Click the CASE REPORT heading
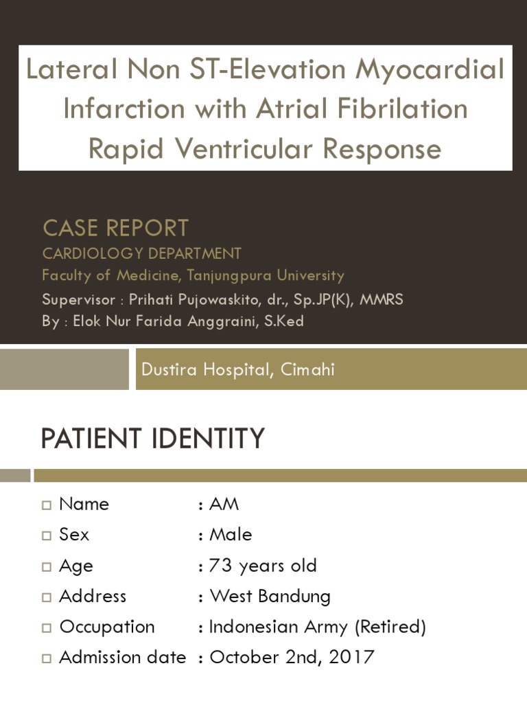[115, 228]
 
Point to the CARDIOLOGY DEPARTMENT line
[142, 253]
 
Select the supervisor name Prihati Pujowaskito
[201, 299]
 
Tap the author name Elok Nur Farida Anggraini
[163, 321]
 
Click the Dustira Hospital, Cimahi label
[238, 369]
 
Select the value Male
[231, 534]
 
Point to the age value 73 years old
[263, 566]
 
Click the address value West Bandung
[270, 596]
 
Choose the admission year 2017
[351, 657]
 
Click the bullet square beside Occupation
[47, 627]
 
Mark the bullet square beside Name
[47, 505]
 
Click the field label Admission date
[122, 657]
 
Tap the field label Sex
[74, 534]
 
